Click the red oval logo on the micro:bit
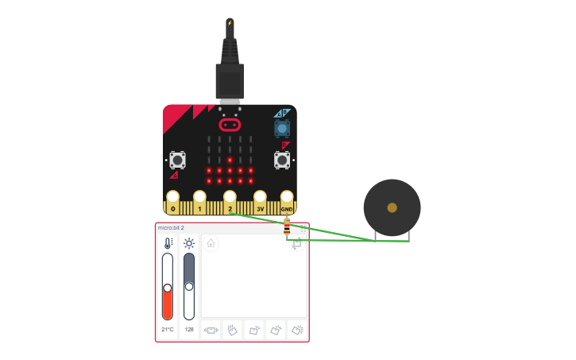click(230, 125)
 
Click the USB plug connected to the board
click(230, 79)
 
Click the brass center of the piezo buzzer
click(392, 207)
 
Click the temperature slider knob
click(168, 288)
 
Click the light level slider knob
click(189, 286)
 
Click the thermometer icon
click(168, 244)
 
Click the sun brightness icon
click(189, 244)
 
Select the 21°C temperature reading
click(168, 329)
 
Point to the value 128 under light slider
click(189, 329)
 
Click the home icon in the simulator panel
click(211, 243)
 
